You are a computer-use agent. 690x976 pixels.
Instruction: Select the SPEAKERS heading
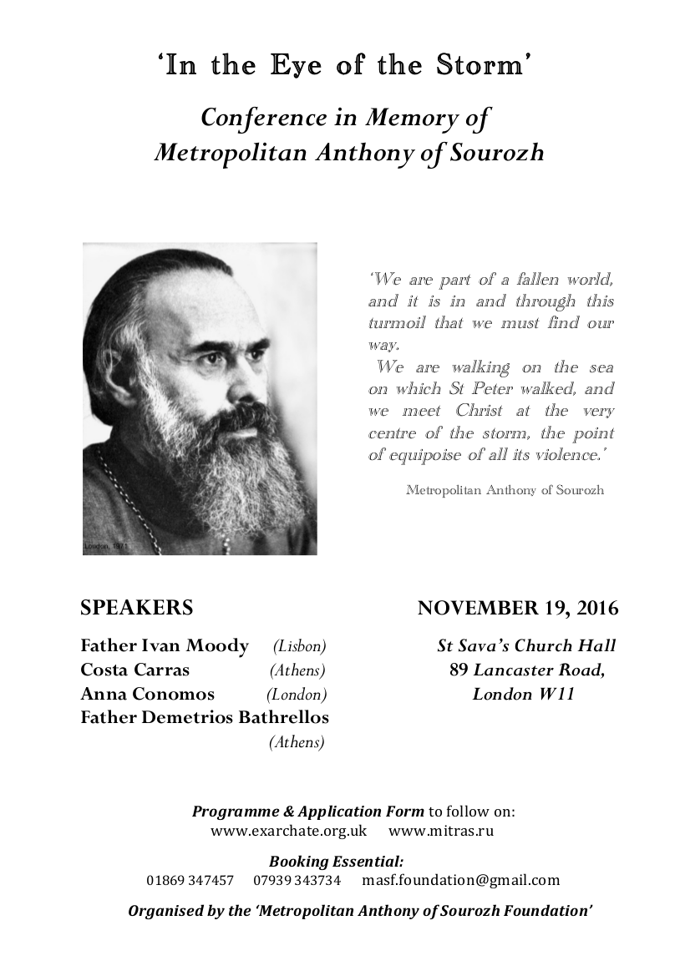coord(137,607)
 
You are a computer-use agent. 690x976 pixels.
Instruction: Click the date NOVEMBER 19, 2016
coord(518,608)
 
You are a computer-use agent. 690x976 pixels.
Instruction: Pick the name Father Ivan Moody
coord(165,645)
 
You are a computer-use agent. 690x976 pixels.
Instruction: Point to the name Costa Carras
coord(135,670)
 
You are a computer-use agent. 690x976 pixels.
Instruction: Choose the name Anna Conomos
coord(148,694)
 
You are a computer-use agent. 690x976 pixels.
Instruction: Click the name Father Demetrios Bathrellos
coord(205,717)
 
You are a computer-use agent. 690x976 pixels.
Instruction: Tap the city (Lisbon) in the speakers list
coord(299,646)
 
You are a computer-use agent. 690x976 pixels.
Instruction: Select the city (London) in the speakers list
coord(297,695)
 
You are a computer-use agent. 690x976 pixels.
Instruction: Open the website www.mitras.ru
coord(441,831)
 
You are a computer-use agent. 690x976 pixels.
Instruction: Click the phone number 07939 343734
coord(297,880)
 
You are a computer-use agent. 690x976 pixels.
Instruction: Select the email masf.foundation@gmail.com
coord(460,880)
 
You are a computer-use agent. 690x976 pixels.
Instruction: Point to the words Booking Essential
coord(336,862)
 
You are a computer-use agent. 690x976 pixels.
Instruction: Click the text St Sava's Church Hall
coord(526,645)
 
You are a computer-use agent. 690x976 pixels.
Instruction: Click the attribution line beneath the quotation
coord(505,490)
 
